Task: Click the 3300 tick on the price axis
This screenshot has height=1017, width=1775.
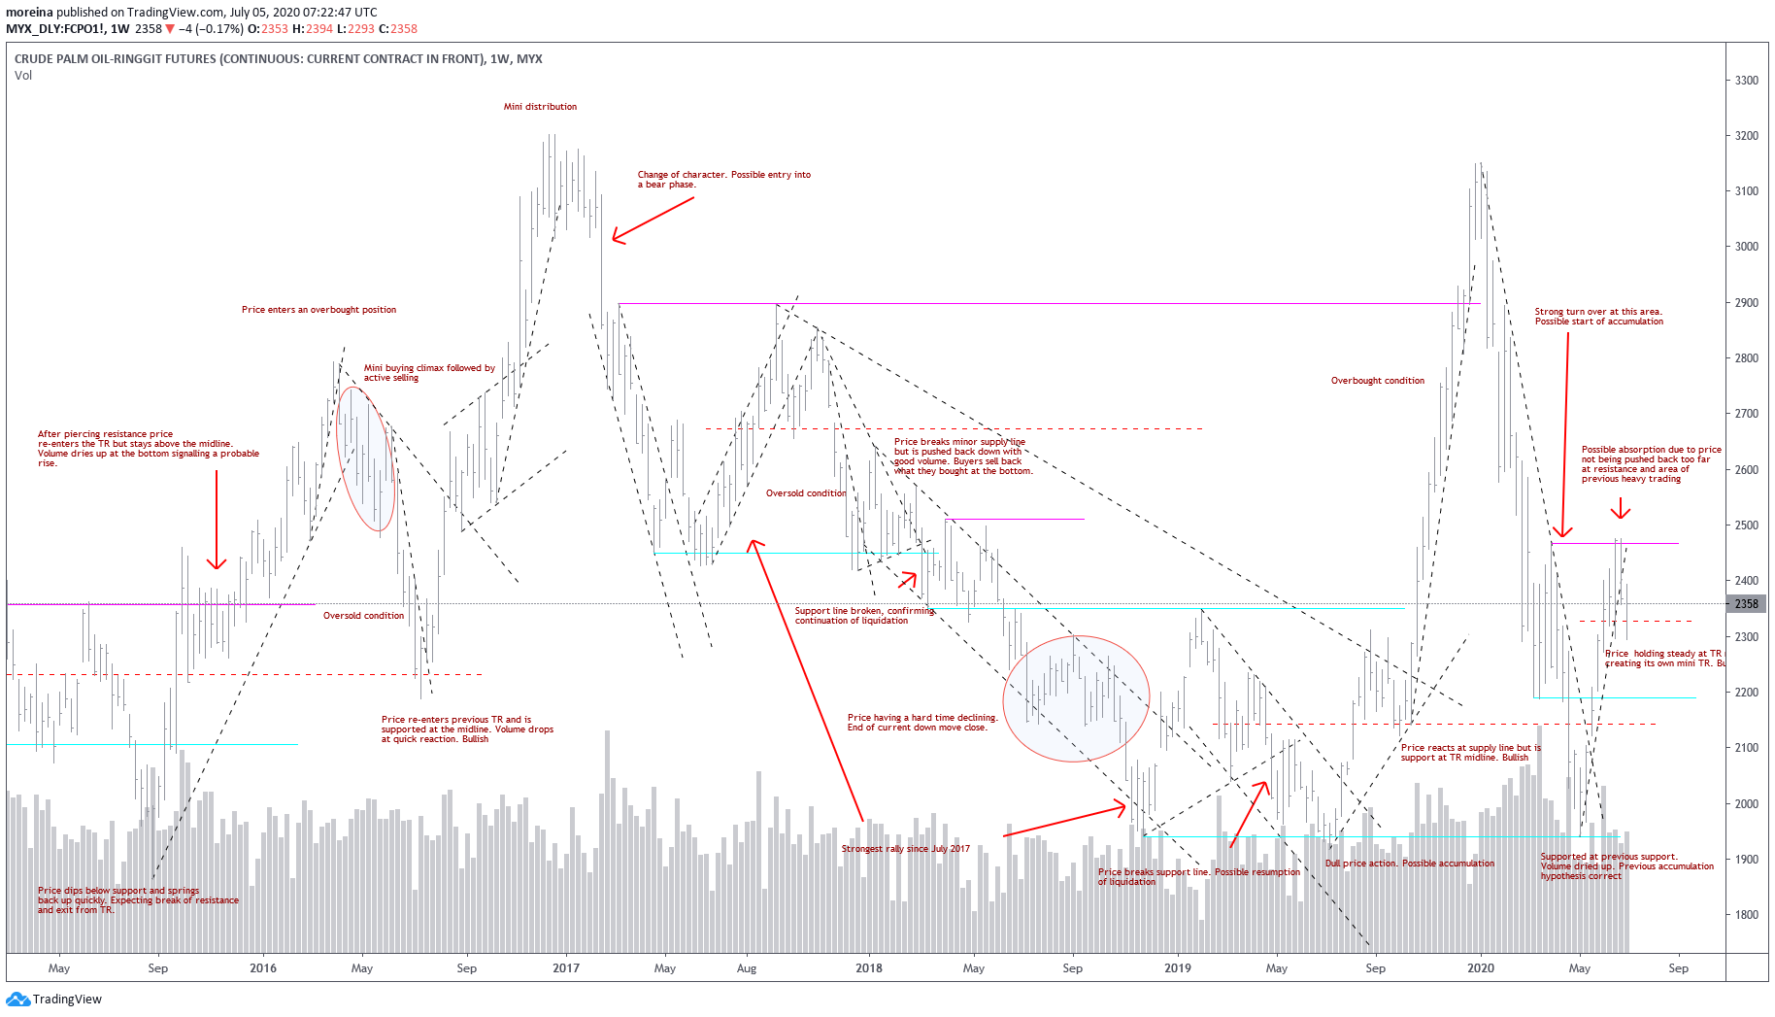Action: [1746, 81]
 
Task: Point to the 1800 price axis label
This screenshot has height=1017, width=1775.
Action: [1746, 915]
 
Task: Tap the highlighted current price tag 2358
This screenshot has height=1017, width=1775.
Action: [1746, 604]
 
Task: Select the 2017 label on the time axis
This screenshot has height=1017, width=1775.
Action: [565, 968]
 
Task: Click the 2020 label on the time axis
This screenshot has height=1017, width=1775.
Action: [1480, 968]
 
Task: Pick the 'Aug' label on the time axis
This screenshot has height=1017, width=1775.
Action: [746, 968]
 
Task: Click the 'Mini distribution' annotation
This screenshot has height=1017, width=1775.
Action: [540, 107]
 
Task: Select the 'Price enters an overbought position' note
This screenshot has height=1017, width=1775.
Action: [318, 310]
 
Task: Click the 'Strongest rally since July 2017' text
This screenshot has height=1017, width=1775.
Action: [905, 849]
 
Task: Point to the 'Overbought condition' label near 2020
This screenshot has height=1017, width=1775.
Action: [1377, 381]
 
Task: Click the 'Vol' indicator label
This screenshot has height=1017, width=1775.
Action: [23, 76]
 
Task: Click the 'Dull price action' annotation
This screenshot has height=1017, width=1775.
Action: [1409, 864]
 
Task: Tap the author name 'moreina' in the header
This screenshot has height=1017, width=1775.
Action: [29, 13]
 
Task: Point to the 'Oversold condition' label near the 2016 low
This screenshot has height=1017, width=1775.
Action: [363, 616]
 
